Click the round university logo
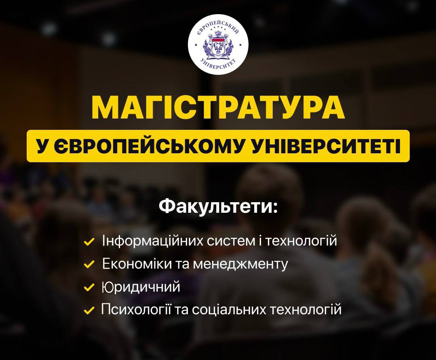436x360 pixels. tap(218, 44)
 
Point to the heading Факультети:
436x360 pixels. tap(218, 207)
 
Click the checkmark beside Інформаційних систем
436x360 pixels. tap(89, 241)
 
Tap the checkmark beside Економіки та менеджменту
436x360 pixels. tap(89, 264)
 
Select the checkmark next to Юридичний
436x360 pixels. tap(89, 287)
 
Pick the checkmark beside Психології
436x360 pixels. tap(89, 310)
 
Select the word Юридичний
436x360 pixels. tap(141, 287)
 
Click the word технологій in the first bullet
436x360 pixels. tap(301, 241)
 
